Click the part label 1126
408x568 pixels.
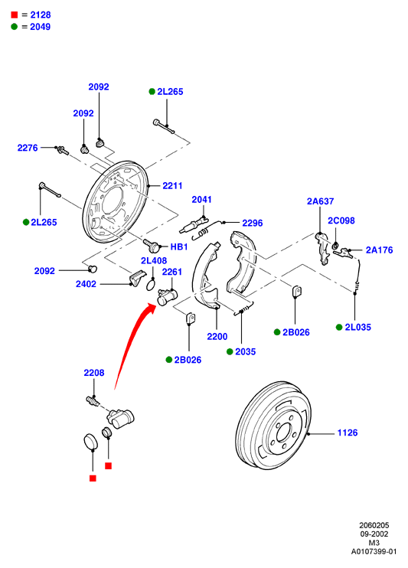click(x=347, y=433)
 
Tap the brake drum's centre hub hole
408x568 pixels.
click(x=283, y=433)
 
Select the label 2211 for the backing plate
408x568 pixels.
click(x=172, y=186)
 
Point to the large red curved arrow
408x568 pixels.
click(x=134, y=344)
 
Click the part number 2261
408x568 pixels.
click(x=171, y=272)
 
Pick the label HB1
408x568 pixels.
click(x=179, y=247)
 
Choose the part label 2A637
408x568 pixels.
click(x=320, y=201)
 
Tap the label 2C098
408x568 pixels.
click(x=341, y=220)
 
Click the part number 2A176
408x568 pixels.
click(x=379, y=250)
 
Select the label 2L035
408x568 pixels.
click(x=358, y=328)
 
